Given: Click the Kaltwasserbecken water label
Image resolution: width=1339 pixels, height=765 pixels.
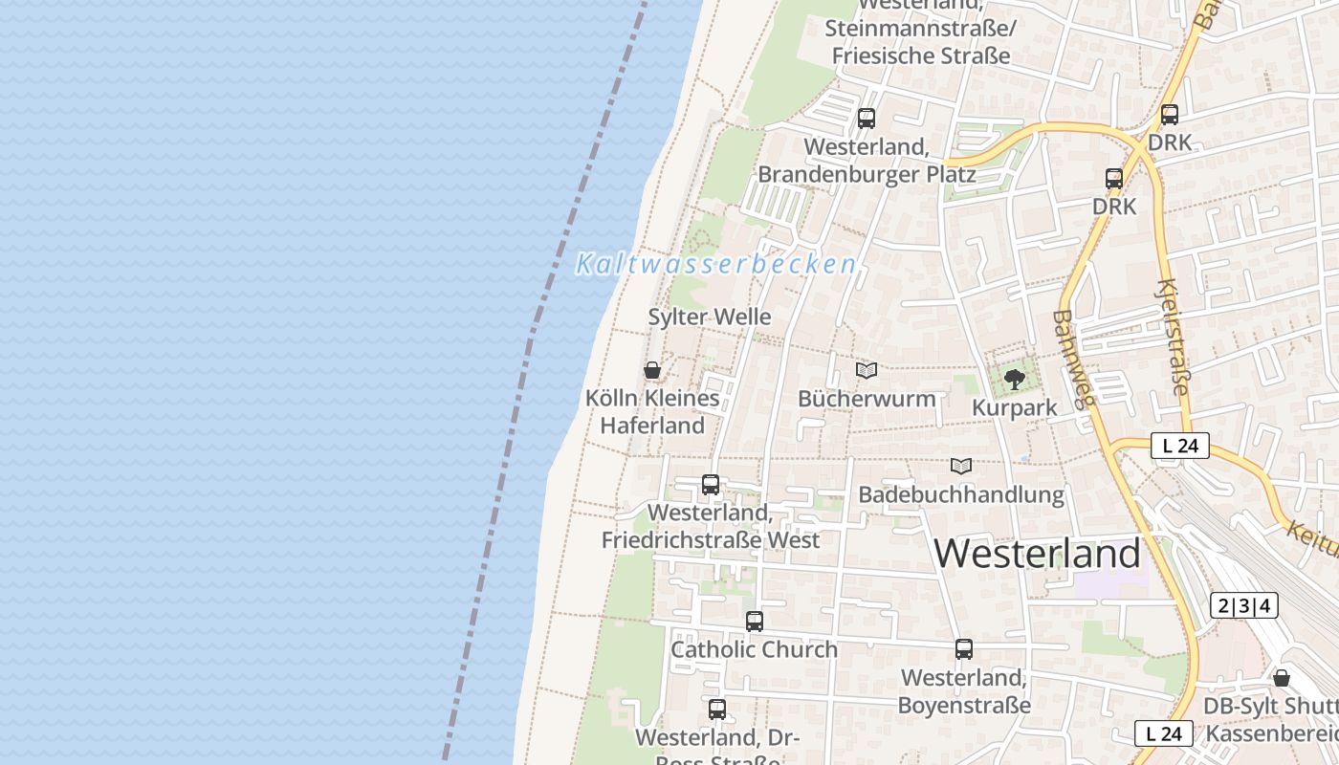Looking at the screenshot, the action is tap(715, 265).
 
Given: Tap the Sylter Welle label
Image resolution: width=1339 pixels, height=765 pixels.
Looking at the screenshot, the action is tap(710, 317).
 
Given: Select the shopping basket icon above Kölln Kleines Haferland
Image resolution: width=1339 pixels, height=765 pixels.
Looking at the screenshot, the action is tap(652, 370).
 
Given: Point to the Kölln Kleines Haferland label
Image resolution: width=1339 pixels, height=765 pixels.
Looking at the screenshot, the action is tap(652, 411).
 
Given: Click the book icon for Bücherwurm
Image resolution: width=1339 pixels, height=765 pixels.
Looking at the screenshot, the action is tap(867, 370).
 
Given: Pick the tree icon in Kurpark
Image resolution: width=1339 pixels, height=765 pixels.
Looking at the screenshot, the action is tap(1015, 380).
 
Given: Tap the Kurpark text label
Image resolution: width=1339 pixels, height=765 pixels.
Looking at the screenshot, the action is tap(1015, 407).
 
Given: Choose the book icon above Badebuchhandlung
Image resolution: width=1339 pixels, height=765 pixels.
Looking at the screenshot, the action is tap(961, 466).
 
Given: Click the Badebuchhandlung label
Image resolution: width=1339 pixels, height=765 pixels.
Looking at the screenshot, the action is tap(961, 494).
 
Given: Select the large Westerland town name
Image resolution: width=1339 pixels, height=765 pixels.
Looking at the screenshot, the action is tap(1038, 554).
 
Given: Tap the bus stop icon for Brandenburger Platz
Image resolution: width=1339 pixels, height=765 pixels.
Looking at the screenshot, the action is tap(867, 119).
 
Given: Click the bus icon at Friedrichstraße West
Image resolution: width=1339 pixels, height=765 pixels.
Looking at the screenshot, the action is tap(711, 485).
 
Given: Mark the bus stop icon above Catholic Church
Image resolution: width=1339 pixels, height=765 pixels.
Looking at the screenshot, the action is tap(755, 622).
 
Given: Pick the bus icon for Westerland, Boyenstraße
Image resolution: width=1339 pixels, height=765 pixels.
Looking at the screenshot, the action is tap(964, 649).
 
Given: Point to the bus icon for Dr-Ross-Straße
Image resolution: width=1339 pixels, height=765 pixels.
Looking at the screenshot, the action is tap(717, 710).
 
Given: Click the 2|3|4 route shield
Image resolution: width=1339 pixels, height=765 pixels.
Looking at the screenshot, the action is tap(1244, 605).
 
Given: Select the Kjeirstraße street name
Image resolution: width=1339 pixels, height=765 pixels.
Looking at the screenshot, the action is tap(1174, 337).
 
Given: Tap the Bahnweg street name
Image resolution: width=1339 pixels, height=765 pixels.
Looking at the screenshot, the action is tap(1073, 359).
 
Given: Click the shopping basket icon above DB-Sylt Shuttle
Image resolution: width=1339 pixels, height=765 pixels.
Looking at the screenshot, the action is tap(1282, 678).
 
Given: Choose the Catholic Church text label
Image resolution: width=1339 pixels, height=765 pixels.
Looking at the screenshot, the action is tap(754, 649).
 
